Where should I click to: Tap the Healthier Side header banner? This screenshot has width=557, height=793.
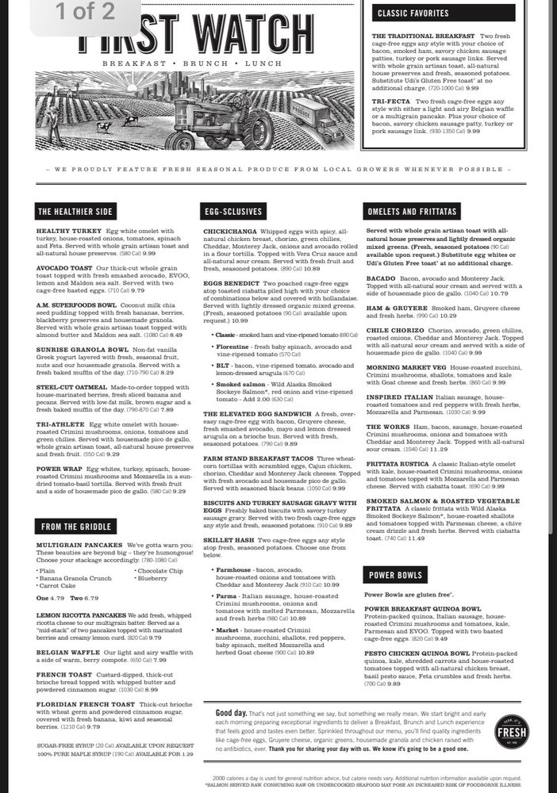(x=75, y=211)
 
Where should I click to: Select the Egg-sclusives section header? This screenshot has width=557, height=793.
(x=232, y=211)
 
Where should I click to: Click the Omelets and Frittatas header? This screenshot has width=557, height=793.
(x=411, y=211)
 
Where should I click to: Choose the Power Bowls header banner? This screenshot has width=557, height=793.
(x=395, y=575)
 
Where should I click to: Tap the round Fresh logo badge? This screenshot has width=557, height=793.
(x=512, y=732)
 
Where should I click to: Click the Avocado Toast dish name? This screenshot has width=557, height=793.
(x=62, y=267)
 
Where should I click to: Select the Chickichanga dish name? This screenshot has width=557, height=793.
(x=230, y=231)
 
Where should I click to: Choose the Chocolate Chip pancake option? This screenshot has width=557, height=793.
(x=161, y=570)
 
